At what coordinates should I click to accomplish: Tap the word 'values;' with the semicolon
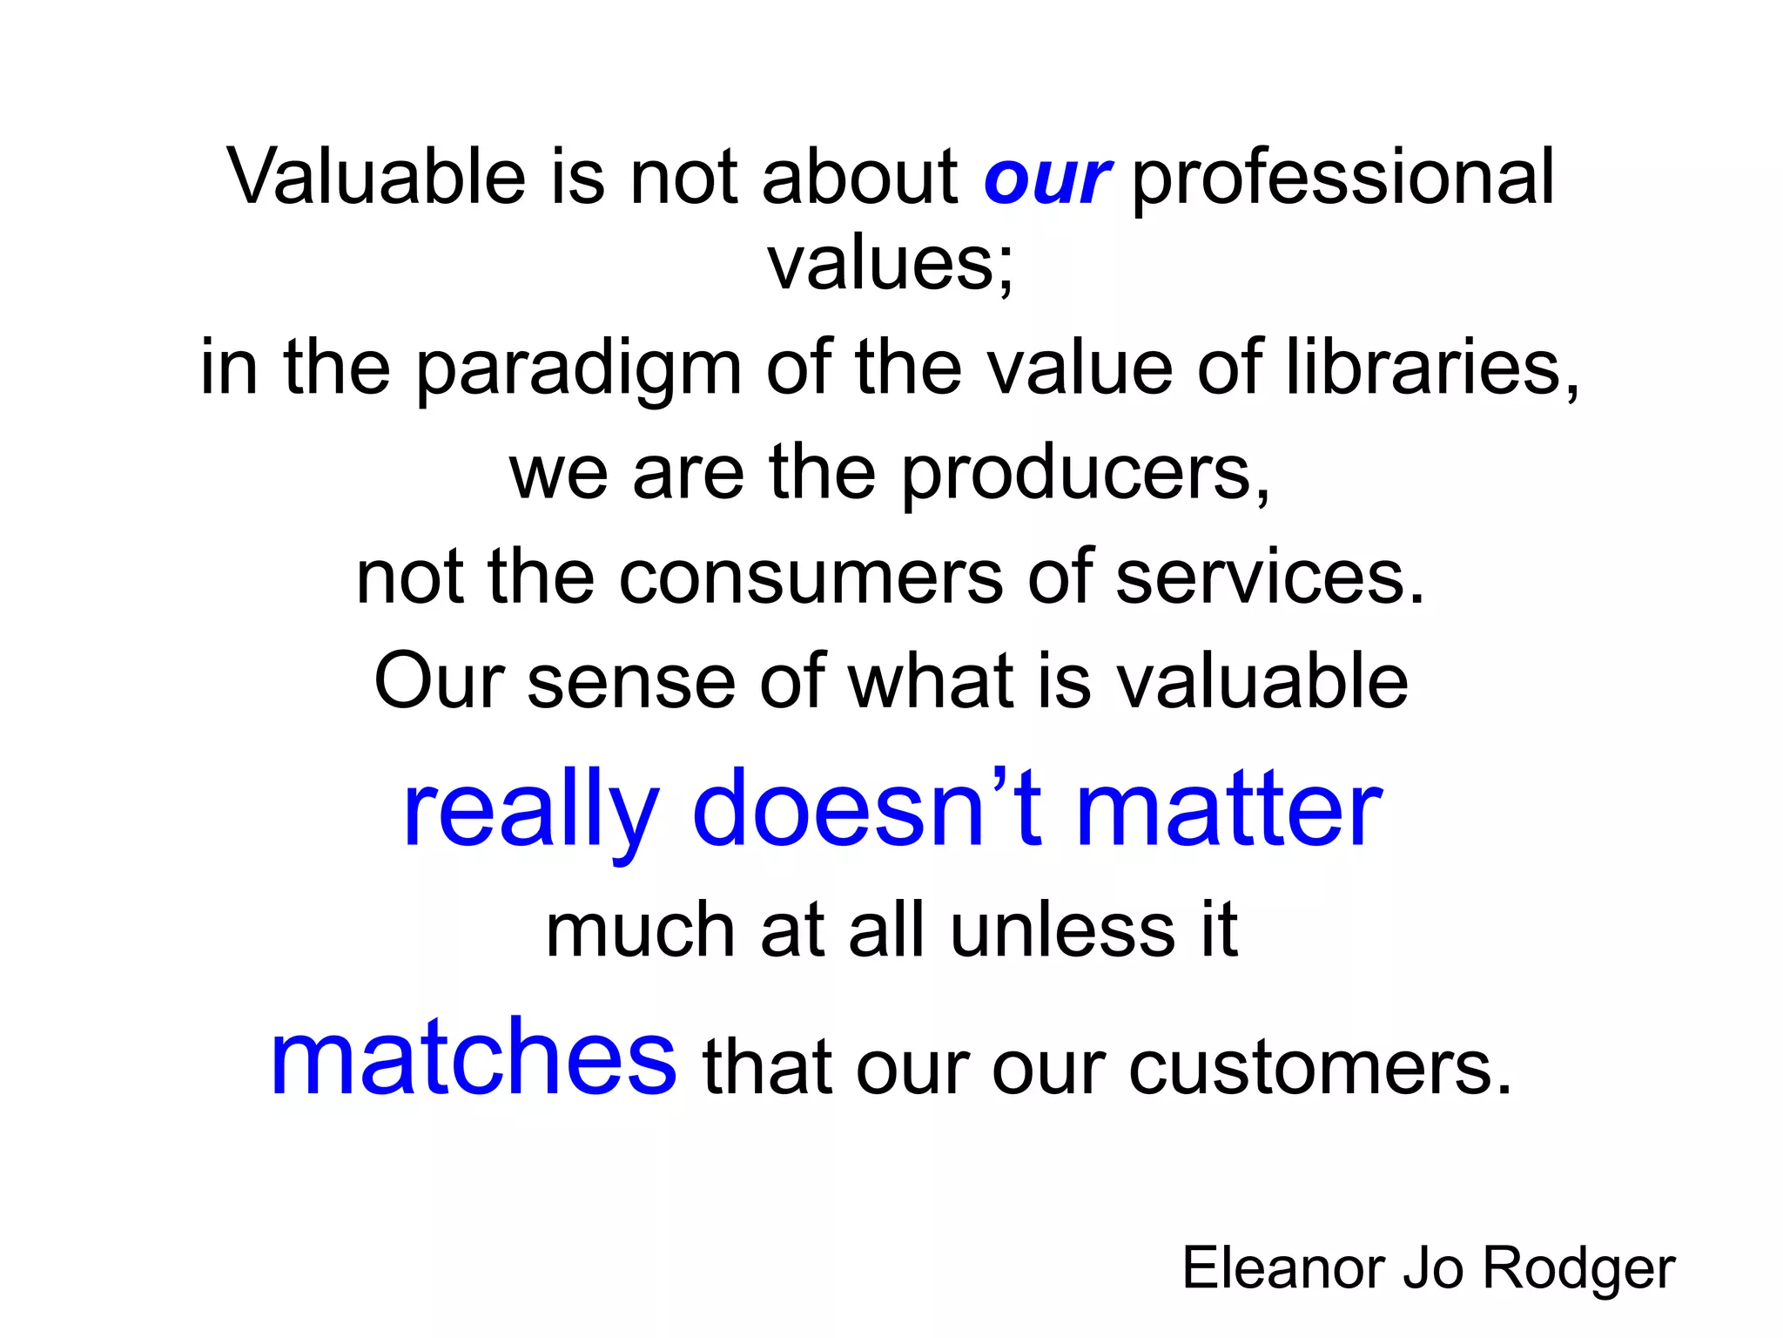891,263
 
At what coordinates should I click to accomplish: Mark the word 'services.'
1270,578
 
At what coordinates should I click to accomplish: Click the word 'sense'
631,682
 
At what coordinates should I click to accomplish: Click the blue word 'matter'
1228,810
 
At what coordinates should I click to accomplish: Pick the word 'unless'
1063,931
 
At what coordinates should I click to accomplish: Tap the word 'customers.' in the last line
1320,1068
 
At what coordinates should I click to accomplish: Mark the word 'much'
641,931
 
